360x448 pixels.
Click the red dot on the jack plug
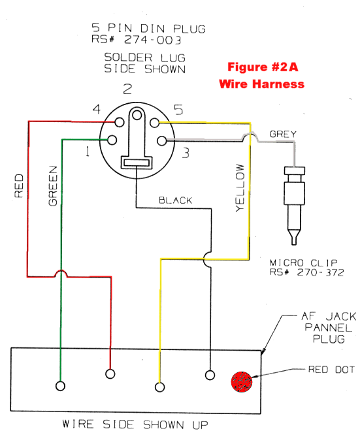click(242, 381)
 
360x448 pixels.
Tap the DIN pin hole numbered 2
click(137, 115)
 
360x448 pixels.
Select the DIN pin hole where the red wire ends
click(120, 123)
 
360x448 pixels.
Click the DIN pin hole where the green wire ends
click(112, 140)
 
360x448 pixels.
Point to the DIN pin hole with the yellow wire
click(154, 123)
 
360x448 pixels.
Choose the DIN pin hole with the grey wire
click(162, 141)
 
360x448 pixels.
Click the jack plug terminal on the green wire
click(60, 386)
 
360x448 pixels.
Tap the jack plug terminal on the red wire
click(110, 374)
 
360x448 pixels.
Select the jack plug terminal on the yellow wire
click(159, 387)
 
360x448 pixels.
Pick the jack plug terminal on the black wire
click(210, 375)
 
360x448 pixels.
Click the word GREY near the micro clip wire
click(283, 134)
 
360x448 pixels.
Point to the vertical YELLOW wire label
click(240, 187)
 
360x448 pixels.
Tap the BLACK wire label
click(175, 200)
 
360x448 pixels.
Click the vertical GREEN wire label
click(53, 185)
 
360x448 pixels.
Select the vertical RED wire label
click(19, 186)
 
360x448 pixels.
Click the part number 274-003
click(152, 40)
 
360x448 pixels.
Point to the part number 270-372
click(320, 272)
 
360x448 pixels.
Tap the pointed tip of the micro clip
click(293, 244)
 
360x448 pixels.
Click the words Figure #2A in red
click(263, 67)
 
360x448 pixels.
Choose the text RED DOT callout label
click(331, 370)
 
